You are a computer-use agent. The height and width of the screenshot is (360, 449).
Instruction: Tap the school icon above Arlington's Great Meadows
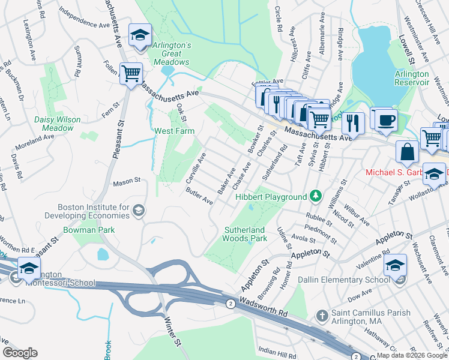click(x=140, y=35)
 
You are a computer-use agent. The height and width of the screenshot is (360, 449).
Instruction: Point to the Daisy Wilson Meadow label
click(x=58, y=124)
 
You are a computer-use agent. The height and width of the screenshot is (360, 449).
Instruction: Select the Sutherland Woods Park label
click(x=245, y=234)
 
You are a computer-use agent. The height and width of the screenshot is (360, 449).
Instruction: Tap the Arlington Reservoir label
click(x=412, y=78)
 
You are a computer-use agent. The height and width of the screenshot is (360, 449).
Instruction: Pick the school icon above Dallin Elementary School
click(x=395, y=264)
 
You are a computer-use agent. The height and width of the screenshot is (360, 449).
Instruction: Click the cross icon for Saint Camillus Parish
click(x=322, y=315)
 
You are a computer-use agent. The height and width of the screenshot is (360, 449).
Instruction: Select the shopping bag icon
click(x=407, y=152)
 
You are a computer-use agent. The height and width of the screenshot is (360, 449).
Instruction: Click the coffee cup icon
click(x=384, y=119)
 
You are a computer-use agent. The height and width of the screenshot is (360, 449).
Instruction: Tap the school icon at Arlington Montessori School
click(x=28, y=269)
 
